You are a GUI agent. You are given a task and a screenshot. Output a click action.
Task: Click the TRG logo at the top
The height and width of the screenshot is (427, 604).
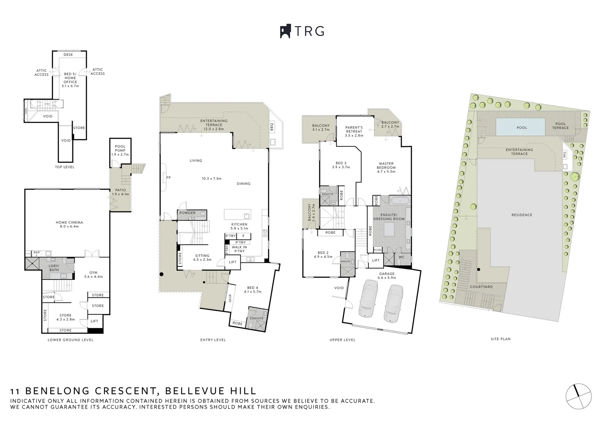[302, 31]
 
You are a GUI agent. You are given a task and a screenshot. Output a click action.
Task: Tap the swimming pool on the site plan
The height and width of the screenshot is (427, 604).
[521, 128]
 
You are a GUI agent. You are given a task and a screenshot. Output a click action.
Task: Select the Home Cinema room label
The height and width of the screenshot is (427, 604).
[69, 224]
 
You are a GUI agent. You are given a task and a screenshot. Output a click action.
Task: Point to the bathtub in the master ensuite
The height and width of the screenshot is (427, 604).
[400, 201]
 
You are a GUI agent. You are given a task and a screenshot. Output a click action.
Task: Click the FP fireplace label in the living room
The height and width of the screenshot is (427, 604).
[168, 178]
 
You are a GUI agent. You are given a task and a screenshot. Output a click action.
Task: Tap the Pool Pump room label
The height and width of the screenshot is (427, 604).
[120, 150]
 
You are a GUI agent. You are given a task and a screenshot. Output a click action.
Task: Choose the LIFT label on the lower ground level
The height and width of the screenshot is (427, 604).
[94, 321]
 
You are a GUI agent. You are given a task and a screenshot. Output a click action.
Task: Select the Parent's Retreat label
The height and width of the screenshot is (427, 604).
[354, 129]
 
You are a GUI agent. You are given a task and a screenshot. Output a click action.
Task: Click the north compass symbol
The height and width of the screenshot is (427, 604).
[578, 395]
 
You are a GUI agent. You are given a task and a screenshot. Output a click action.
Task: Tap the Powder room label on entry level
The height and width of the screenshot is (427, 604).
[187, 213]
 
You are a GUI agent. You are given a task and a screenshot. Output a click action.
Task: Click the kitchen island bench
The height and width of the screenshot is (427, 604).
[237, 214]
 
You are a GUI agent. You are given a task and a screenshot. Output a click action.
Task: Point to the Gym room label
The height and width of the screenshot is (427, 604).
[93, 274]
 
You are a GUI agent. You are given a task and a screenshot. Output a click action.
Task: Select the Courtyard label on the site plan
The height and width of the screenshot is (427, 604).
[481, 287]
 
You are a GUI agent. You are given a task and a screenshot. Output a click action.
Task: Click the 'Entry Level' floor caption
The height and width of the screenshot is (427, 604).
[213, 340]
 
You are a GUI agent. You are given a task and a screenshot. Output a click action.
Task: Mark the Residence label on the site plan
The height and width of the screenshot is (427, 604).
[522, 215]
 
